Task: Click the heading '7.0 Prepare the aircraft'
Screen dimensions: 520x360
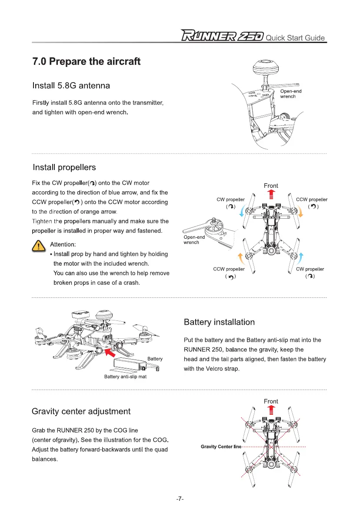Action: point(86,61)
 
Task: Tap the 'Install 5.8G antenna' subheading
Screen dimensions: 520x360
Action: point(71,86)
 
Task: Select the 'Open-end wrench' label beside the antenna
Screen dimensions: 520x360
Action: point(290,93)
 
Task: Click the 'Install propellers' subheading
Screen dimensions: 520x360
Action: point(64,167)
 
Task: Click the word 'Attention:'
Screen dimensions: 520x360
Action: point(63,245)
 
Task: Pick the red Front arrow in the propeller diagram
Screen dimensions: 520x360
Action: point(271,193)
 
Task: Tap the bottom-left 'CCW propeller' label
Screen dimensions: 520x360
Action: point(229,269)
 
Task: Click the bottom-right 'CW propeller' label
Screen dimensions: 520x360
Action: point(310,269)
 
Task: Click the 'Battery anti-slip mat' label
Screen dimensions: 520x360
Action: point(125,377)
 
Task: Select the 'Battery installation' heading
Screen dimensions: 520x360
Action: point(219,322)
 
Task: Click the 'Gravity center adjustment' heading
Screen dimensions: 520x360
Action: point(81,411)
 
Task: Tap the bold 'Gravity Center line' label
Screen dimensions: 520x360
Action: point(221,447)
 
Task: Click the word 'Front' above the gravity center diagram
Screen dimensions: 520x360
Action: point(271,401)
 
